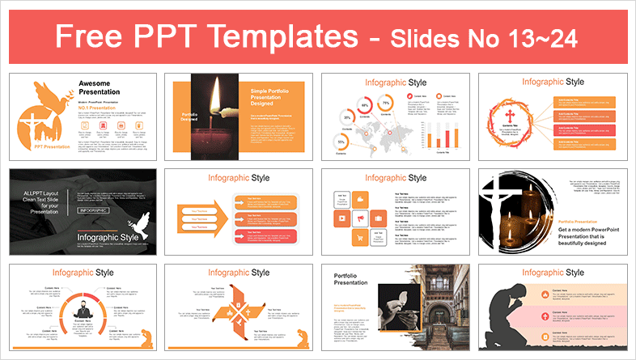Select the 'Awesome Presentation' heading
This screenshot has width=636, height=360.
click(x=102, y=87)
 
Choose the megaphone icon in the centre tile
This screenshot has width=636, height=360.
click(x=359, y=218)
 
